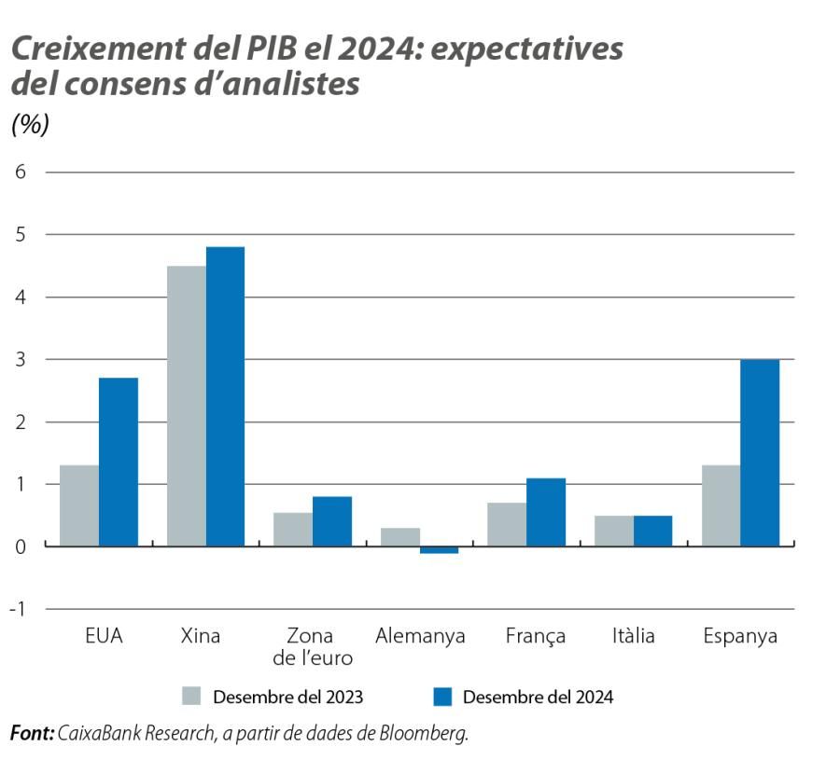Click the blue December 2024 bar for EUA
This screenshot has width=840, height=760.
click(119, 462)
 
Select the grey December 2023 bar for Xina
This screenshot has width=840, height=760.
click(186, 406)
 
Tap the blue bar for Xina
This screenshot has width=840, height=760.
click(225, 396)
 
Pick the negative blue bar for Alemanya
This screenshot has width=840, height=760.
click(439, 550)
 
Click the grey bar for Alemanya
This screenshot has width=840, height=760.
click(399, 537)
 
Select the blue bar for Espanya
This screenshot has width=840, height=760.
click(760, 452)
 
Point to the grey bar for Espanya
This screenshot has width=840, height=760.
click(721, 505)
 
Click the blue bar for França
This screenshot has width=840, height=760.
click(546, 512)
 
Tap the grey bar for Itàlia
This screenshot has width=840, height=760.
click(613, 531)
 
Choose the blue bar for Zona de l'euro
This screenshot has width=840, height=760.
click(332, 521)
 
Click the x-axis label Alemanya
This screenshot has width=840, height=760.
click(420, 637)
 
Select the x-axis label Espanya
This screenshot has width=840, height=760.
click(739, 637)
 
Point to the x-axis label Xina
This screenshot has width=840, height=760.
click(201, 637)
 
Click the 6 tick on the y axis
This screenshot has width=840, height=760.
click(20, 173)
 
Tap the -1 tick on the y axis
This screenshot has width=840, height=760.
click(18, 609)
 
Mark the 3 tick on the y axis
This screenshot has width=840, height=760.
click(20, 359)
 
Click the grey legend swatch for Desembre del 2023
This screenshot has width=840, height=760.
click(191, 696)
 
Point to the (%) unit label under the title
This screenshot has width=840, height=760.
click(29, 125)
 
